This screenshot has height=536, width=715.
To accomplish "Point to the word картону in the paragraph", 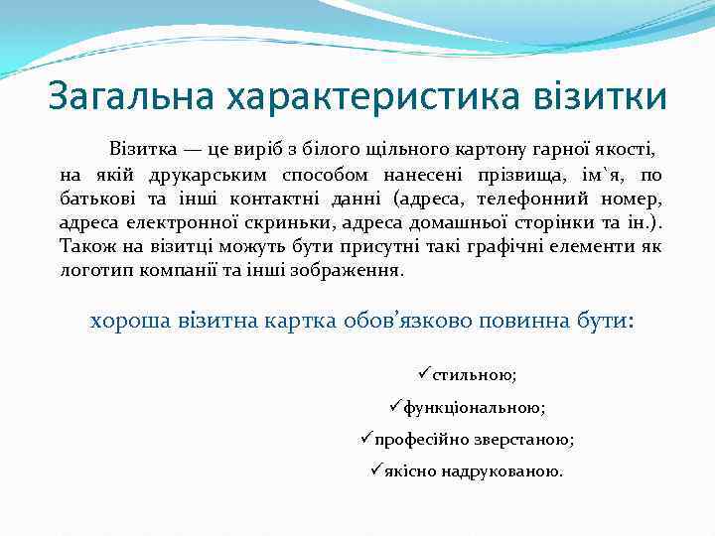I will (470, 151).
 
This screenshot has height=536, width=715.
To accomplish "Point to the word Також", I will (86, 246).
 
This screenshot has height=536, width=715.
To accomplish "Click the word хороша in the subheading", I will (126, 322).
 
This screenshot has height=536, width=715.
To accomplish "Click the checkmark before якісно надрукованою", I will (375, 469).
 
